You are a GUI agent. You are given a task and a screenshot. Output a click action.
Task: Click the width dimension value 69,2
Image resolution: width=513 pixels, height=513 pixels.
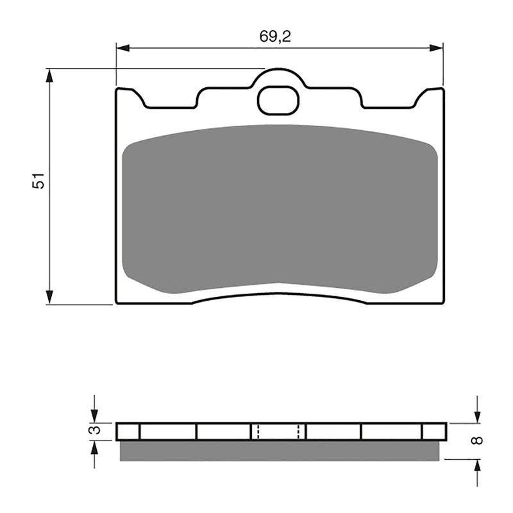(x=275, y=37)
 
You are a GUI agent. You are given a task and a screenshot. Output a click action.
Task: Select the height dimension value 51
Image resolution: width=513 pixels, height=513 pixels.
(x=40, y=181)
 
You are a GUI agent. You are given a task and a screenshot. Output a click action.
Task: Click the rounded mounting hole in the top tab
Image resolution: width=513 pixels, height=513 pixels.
(x=277, y=100)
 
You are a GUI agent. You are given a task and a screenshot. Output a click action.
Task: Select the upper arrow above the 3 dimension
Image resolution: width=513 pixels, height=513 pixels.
(x=94, y=414)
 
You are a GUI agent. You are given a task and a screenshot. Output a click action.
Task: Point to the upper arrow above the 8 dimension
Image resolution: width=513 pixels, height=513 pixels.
(x=476, y=414)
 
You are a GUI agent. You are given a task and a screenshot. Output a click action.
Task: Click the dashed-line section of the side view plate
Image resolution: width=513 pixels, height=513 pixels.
(x=278, y=431)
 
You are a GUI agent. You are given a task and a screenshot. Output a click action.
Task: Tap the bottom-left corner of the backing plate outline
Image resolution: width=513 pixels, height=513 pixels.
(x=117, y=302)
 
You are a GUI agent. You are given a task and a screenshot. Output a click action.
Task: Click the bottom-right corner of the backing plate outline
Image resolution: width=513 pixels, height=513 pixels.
(x=442, y=302)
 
